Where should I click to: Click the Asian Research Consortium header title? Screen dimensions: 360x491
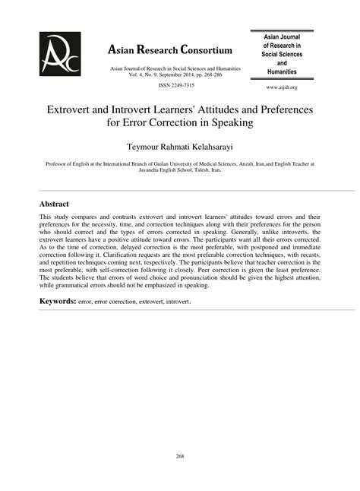pyautogui.click(x=171, y=51)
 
